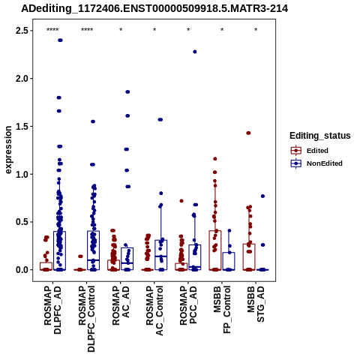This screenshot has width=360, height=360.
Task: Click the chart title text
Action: pos(154,9)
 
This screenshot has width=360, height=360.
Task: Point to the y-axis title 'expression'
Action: pos(8,150)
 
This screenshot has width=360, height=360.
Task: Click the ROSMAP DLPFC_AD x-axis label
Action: pos(52,310)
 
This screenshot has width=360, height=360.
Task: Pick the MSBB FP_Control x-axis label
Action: pos(222,310)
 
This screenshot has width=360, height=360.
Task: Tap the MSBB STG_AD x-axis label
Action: pos(256,304)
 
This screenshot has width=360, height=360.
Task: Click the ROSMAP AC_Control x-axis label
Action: pos(154,310)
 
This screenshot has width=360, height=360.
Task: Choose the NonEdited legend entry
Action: pos(316,163)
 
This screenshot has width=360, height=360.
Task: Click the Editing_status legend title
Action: pos(320,136)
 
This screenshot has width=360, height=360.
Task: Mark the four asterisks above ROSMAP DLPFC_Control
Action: pos(87,30)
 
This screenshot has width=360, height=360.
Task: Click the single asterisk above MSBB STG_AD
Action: pos(256,30)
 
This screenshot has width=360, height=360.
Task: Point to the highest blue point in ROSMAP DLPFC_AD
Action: pos(60,40)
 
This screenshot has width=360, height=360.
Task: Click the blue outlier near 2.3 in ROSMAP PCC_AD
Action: pos(195,52)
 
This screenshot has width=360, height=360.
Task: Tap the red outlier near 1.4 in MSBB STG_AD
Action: pos(248,133)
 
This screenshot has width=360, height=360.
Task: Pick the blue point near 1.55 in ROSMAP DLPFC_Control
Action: pos(93,121)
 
